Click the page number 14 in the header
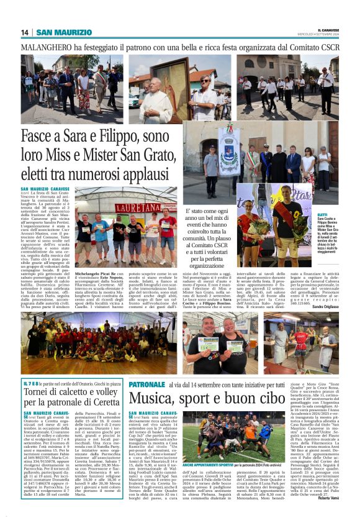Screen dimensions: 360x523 click(x=25, y=32)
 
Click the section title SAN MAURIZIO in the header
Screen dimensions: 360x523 click(x=64, y=32)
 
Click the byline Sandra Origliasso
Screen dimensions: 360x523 click(x=325, y=289)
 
